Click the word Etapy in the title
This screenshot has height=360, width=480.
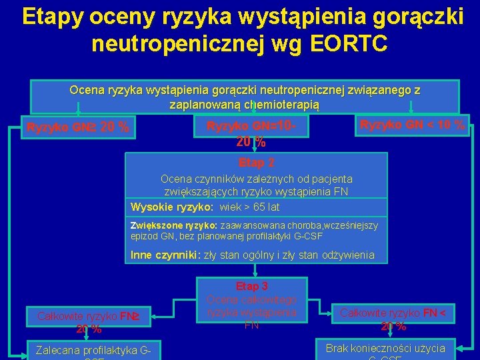click(54, 16)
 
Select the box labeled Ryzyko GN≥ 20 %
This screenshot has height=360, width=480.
click(78, 127)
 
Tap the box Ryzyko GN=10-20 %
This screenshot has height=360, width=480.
click(251, 133)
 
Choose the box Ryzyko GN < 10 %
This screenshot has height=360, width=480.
click(412, 125)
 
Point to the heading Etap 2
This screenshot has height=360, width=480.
click(257, 162)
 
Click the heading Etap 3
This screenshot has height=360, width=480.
click(251, 286)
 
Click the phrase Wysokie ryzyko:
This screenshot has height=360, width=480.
click(167, 207)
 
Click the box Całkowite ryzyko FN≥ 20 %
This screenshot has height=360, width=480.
click(79, 322)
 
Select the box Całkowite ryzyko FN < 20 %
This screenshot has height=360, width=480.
click(393, 318)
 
